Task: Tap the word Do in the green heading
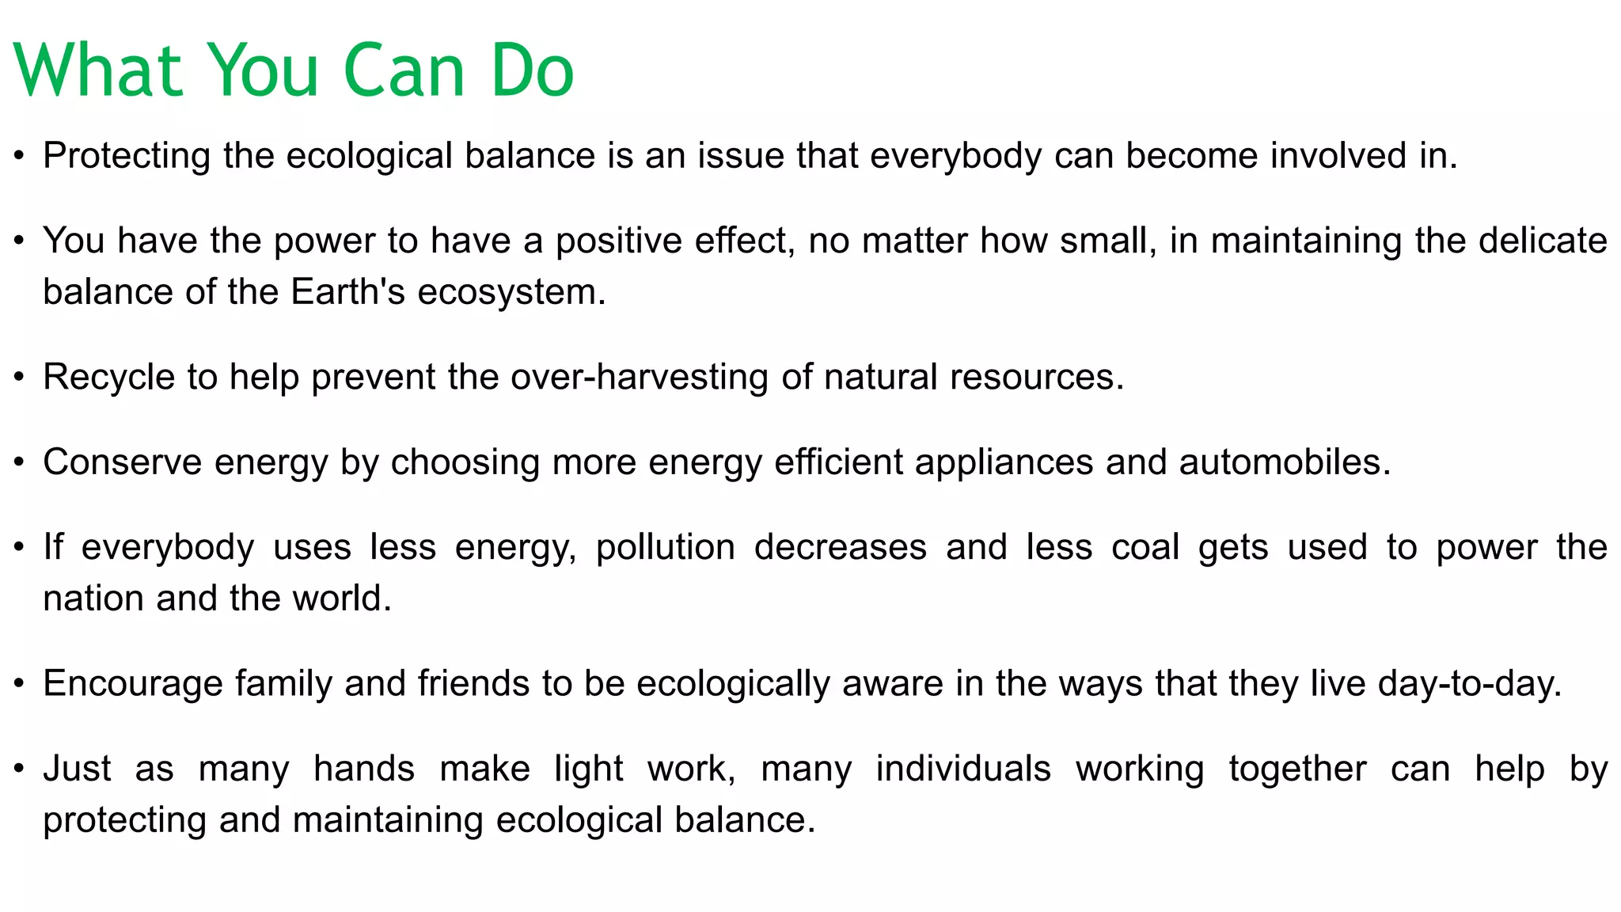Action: pyautogui.click(x=532, y=71)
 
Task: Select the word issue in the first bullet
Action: pyautogui.click(x=741, y=156)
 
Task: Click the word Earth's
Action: pyautogui.click(x=347, y=292)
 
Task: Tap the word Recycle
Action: pyautogui.click(x=108, y=377)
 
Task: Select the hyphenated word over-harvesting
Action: pyautogui.click(x=640, y=377)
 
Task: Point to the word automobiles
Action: pyautogui.click(x=1285, y=462)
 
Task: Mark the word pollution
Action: pyautogui.click(x=665, y=548)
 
